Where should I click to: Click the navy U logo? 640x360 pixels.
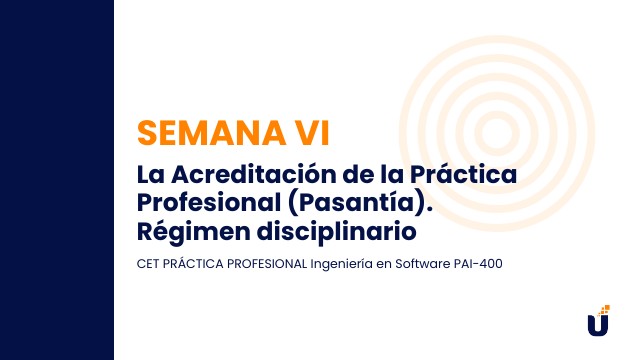coord(597,325)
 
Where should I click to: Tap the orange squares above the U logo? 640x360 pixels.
coord(604,309)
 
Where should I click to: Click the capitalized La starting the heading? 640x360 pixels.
coord(149,174)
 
